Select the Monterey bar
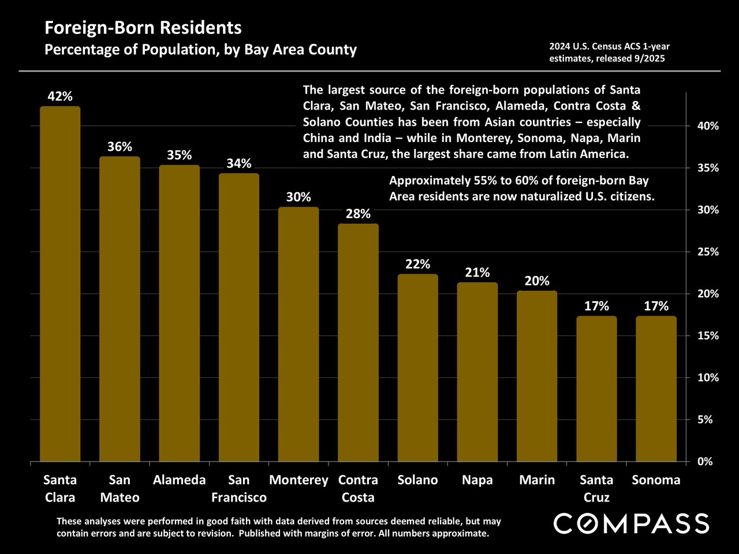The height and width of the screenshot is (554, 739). [298, 335]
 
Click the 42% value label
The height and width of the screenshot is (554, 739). [60, 96]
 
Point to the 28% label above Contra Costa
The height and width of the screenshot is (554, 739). [358, 214]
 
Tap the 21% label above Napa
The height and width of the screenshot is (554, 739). [477, 272]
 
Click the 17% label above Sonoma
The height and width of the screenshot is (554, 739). [656, 306]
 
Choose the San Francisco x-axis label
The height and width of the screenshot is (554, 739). [239, 488]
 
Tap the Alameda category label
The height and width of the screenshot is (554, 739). [180, 480]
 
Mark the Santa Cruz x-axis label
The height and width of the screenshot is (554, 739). [596, 488]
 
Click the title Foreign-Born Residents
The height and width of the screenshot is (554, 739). [143, 28]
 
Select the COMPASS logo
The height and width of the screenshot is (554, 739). [631, 523]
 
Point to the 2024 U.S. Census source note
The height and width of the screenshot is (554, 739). [610, 53]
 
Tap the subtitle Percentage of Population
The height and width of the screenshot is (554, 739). [200, 50]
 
